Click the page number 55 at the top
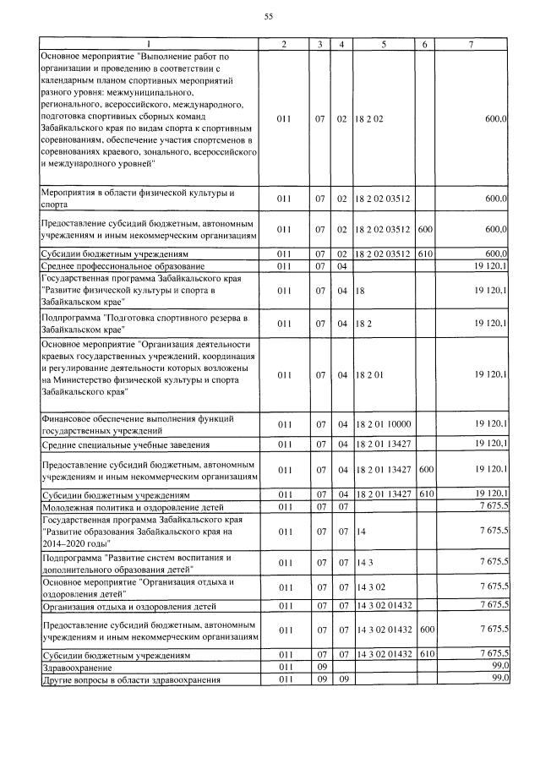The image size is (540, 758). [x=269, y=17]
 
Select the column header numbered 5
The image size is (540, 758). [x=384, y=43]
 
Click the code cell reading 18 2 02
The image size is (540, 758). [x=370, y=120]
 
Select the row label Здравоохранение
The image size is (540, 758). [x=77, y=666]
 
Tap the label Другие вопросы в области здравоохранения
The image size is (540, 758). [x=131, y=679]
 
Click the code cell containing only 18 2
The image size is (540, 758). [x=363, y=324]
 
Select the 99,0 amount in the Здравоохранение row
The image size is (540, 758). [x=499, y=666]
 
